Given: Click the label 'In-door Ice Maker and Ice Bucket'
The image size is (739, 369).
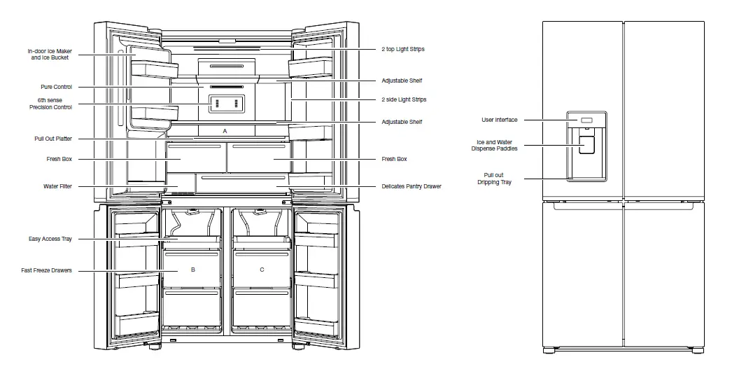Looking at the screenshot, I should pos(50,54).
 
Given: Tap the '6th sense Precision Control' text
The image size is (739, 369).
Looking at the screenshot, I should pos(55,104).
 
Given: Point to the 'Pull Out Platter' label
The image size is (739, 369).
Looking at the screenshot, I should pos(54,139).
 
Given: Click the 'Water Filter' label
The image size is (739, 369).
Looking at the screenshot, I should pos(57,186).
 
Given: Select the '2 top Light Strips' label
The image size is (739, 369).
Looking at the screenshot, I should pos(404,50).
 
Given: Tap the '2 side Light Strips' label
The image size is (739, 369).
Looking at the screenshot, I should pos(404,99).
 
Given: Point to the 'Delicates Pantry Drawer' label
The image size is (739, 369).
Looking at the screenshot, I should pos(411,186).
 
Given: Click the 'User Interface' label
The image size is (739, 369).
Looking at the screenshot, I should pos(500,120).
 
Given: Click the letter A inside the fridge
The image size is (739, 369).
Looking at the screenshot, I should pos(225,131).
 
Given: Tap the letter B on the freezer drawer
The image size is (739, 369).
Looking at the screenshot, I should pos(192,270).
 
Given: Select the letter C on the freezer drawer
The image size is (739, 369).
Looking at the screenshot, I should pos(262,270).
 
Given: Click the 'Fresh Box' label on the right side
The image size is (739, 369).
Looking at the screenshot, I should pos(394,159).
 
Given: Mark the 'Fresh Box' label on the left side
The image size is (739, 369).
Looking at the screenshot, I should pos(59,159).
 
